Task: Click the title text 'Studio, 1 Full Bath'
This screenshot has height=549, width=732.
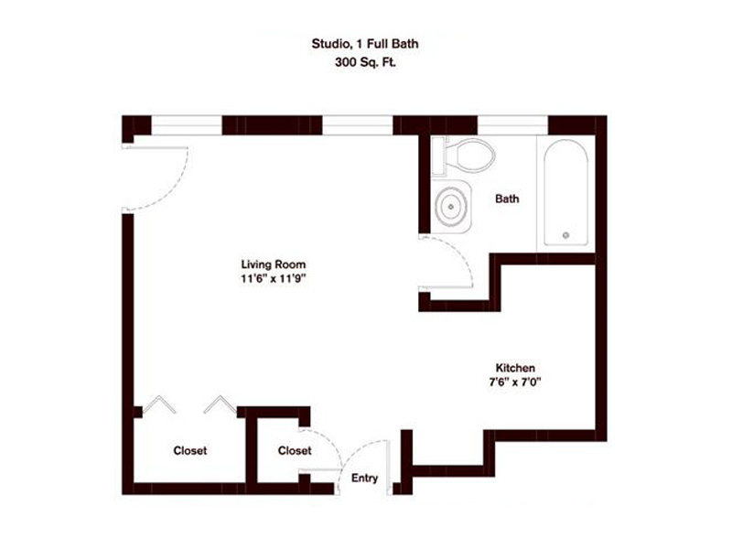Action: click(365, 43)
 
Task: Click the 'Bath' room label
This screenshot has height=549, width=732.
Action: click(508, 199)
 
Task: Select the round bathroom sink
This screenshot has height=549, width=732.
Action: click(451, 208)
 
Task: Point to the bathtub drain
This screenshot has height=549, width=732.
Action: click(566, 235)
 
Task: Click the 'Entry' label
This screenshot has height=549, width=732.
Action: click(364, 478)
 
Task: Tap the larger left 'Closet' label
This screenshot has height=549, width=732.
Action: click(189, 451)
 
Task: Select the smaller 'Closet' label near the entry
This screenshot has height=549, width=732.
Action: click(295, 451)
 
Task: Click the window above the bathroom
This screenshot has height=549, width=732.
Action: click(512, 124)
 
